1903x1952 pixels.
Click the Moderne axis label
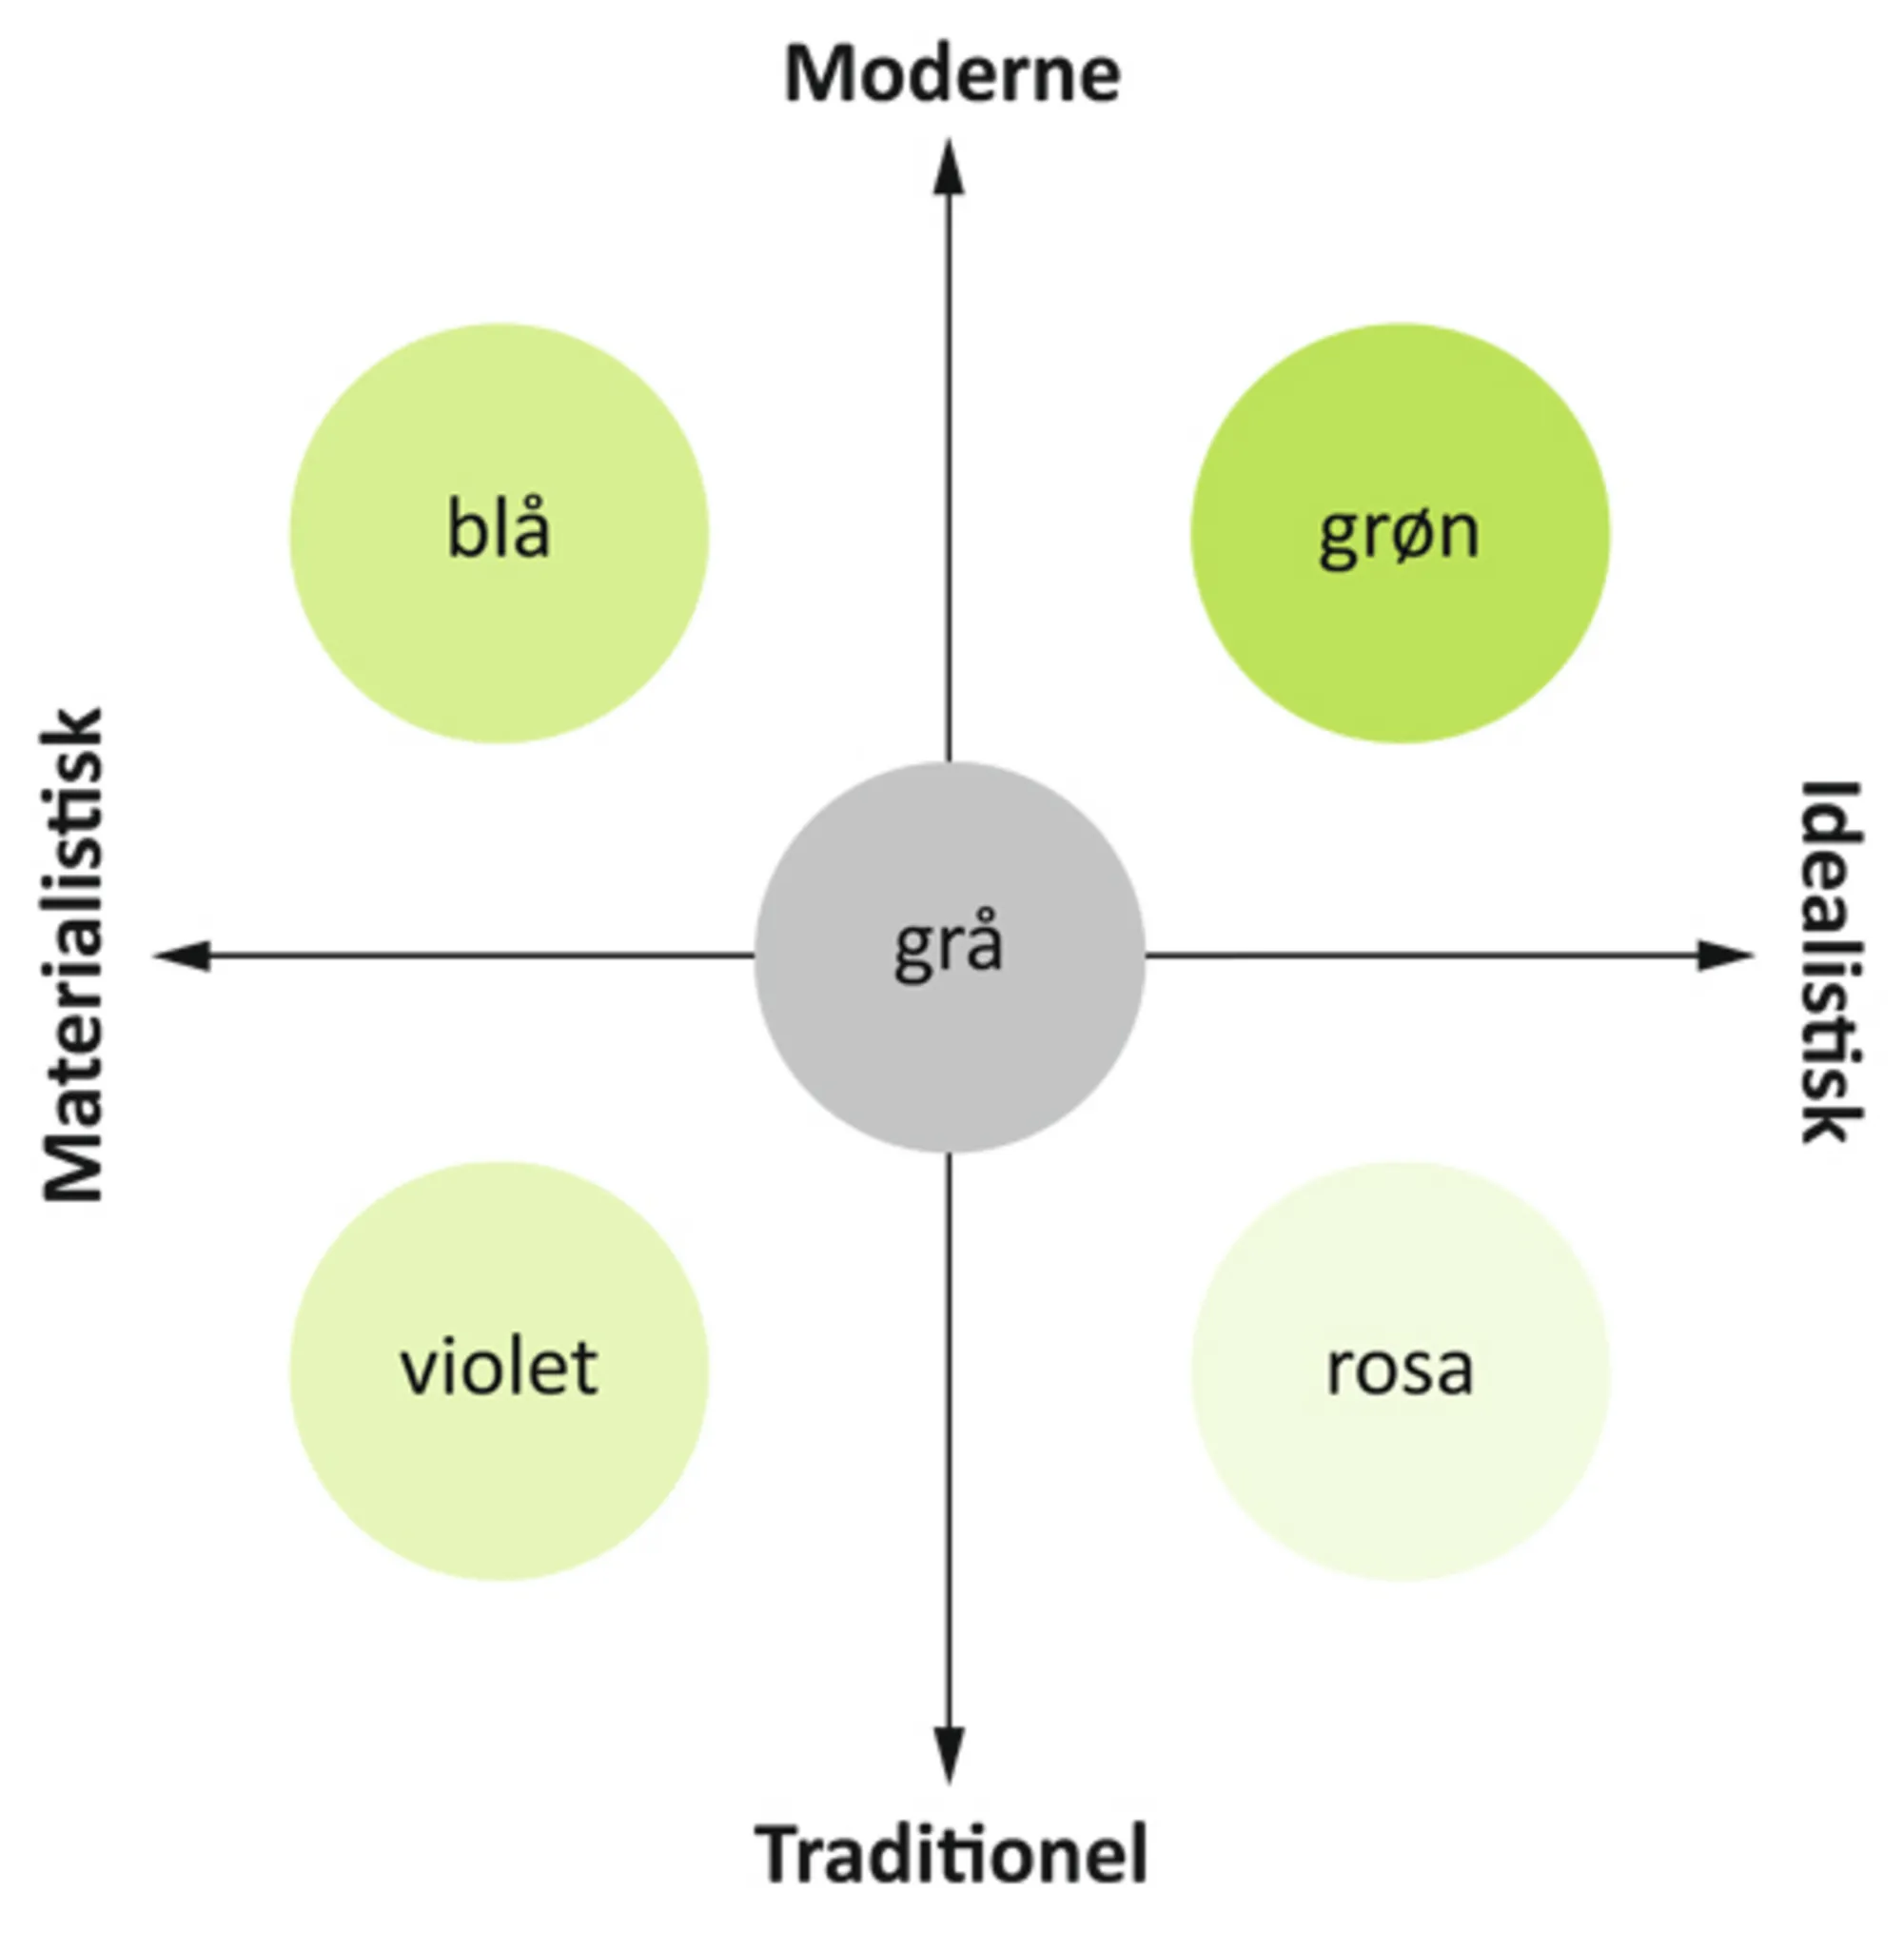point(951,75)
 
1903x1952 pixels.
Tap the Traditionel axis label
point(951,1854)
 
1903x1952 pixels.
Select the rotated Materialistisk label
point(73,955)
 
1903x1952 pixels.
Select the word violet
point(499,1369)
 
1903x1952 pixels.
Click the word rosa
point(1400,1370)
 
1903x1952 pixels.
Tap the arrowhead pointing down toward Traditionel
point(949,1754)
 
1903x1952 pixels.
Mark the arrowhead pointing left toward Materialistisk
point(185,956)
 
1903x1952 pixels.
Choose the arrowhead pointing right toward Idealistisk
point(1723,956)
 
